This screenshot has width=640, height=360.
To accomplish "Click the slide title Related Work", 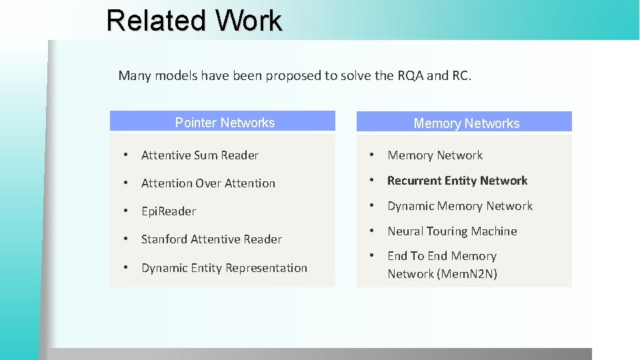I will (x=194, y=20).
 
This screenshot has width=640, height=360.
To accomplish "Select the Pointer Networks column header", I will (x=225, y=123).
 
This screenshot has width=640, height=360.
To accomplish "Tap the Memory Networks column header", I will (x=466, y=123).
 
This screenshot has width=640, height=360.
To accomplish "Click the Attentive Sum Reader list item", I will (x=199, y=155).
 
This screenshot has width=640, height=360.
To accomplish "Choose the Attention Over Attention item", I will (x=208, y=183).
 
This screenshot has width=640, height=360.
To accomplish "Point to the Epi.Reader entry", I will (x=168, y=211).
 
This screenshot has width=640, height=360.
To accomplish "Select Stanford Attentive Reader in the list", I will (x=211, y=239).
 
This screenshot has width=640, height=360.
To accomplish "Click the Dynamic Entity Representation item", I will (x=224, y=268).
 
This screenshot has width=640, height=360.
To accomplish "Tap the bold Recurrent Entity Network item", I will (x=457, y=181).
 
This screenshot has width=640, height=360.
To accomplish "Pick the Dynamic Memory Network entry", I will (x=459, y=206).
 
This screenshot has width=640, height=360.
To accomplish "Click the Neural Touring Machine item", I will (x=452, y=231).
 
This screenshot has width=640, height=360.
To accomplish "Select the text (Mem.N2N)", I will (x=467, y=274).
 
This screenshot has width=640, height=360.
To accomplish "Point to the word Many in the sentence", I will (x=135, y=75).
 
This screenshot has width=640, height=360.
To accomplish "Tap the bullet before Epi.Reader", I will (x=125, y=211).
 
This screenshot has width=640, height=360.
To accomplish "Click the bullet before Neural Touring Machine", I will (x=372, y=231).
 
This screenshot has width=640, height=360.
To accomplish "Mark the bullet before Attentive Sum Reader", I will (x=125, y=155).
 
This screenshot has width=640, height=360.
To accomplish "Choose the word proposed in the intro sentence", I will (x=293, y=75).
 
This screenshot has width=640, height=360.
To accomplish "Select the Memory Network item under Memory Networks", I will (x=435, y=155).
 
